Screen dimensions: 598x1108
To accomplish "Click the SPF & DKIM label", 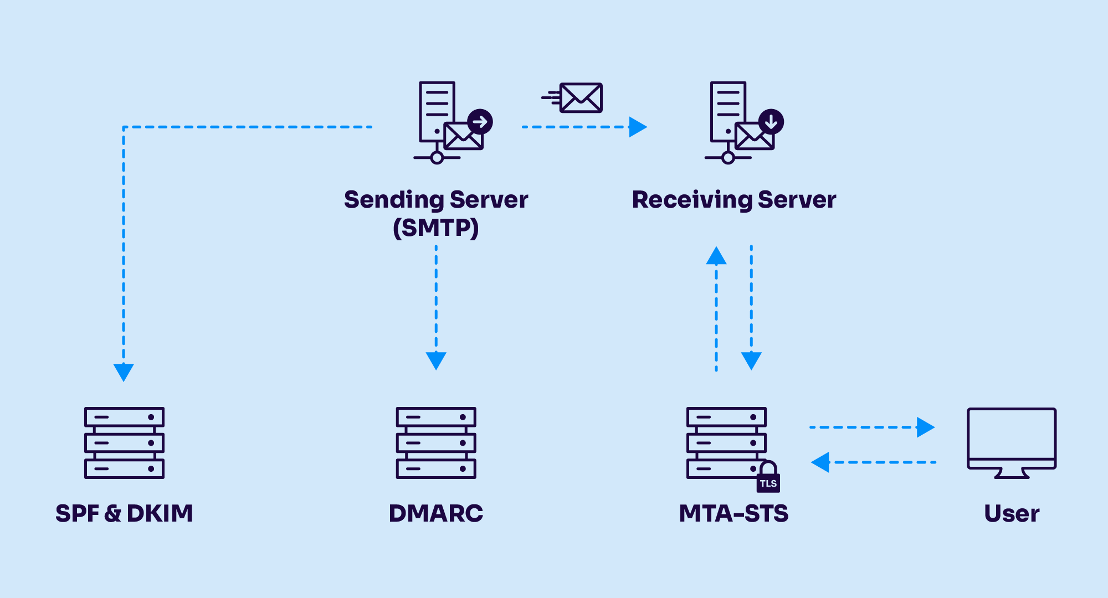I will click(124, 513).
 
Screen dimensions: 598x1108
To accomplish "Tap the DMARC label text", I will click(436, 513).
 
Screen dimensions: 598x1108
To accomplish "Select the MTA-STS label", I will click(733, 513).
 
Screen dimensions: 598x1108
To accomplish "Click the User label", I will click(1012, 513).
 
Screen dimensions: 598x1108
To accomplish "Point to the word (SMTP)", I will click(436, 228).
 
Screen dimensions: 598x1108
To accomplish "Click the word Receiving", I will click(691, 200).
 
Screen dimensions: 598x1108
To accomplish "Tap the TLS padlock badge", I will click(768, 477).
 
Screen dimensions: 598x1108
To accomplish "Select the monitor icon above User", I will click(1012, 442).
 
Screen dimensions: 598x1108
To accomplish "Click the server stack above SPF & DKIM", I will click(124, 442).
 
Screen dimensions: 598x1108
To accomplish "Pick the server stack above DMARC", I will click(436, 442).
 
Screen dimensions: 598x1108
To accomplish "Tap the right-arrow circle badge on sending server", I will click(480, 121).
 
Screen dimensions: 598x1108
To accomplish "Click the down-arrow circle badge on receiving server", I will click(771, 121).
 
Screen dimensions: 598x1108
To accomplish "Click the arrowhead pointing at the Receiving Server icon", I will click(638, 127).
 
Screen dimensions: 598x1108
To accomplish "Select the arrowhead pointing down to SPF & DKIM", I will click(124, 372).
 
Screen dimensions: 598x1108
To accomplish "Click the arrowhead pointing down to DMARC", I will click(436, 360).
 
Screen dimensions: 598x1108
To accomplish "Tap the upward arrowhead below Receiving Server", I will click(716, 256).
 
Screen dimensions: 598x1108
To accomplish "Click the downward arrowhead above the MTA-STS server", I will click(751, 360).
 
